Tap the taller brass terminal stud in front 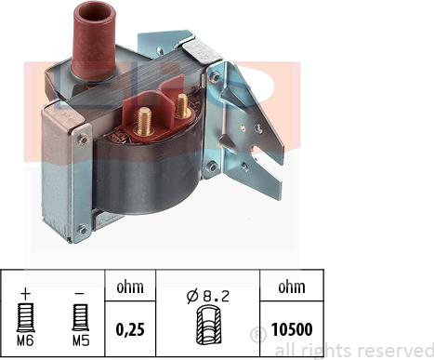click(x=144, y=121)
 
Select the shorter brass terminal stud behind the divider click(x=183, y=106)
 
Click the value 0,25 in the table click(x=130, y=329)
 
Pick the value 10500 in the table click(x=292, y=329)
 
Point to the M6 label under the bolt click(x=25, y=341)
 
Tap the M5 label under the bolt click(x=81, y=341)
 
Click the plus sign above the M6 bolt click(x=26, y=293)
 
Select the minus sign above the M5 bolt click(x=80, y=293)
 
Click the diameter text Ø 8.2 click(x=208, y=297)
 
